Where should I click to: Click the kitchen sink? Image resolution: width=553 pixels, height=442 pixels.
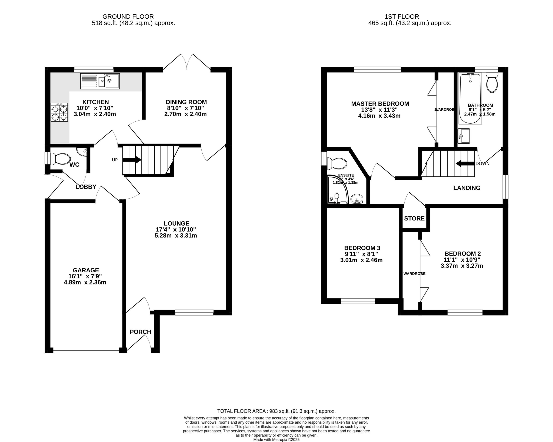tap(100, 81)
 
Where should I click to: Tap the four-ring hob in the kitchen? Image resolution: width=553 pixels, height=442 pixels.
tap(59, 112)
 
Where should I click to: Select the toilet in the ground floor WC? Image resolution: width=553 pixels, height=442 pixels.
tap(61, 159)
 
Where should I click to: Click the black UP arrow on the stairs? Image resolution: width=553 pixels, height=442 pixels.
tap(132, 160)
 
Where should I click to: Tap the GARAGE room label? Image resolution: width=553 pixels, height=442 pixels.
tap(86, 270)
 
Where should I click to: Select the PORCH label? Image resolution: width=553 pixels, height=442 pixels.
tap(140, 332)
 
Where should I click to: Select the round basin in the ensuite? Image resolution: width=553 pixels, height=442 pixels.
tap(357, 199)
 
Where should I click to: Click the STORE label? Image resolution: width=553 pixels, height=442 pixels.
tap(414, 218)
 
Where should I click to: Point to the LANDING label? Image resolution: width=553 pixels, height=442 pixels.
tap(467, 188)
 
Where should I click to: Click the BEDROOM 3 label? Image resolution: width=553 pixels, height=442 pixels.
tap(362, 248)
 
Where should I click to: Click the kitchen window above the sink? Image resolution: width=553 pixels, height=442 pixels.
tap(94, 69)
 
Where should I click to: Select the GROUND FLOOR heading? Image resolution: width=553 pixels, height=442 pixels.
tap(128, 17)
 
